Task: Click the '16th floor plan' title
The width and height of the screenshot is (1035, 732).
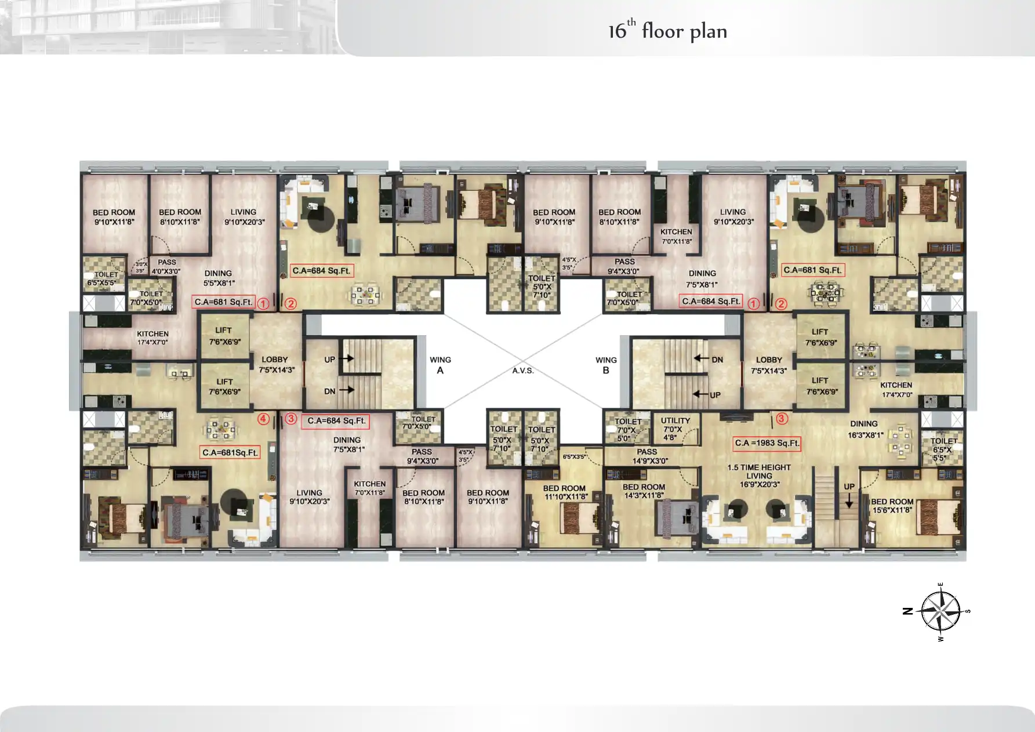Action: (667, 30)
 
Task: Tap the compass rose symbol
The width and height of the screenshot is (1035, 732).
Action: (940, 611)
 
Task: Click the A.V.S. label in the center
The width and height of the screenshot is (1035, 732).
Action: (522, 371)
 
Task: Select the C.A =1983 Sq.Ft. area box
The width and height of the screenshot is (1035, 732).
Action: (767, 443)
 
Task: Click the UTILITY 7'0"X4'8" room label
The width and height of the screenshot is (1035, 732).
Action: (675, 429)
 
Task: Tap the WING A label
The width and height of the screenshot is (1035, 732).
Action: (440, 365)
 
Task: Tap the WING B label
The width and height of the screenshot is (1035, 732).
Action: (606, 365)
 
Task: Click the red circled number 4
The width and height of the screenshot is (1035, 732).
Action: (263, 419)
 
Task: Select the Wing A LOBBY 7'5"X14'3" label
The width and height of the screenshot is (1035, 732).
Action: (276, 364)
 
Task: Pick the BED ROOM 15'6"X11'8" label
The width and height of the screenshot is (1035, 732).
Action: (892, 506)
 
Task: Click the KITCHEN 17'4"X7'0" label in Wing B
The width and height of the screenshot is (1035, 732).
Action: (896, 389)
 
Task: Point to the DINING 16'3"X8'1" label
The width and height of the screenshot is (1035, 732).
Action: (865, 429)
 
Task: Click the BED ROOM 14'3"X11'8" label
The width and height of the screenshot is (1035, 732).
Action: (644, 491)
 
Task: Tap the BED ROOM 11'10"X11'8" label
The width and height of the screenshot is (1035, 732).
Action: (565, 492)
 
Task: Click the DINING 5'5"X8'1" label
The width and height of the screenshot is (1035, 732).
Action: (219, 278)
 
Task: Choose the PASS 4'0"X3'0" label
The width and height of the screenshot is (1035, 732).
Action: (166, 266)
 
